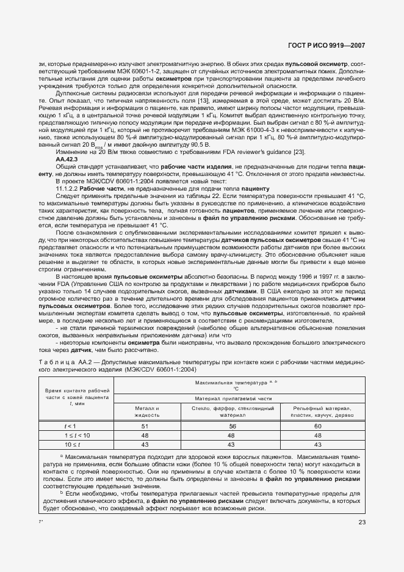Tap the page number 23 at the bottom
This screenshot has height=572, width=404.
click(363, 522)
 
